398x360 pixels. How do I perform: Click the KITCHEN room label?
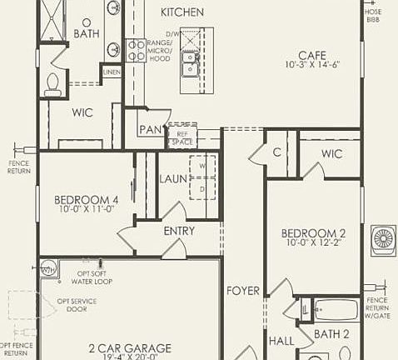[x=182, y=12]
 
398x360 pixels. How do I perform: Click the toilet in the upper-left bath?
[x=54, y=83]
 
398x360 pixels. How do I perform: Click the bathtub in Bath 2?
[x=336, y=310]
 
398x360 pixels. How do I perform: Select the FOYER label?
[x=243, y=291]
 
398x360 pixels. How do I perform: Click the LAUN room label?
[x=173, y=178]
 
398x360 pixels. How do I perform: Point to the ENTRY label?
[x=179, y=231]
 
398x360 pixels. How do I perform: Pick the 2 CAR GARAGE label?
[x=130, y=348]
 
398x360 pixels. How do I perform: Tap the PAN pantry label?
[x=151, y=130]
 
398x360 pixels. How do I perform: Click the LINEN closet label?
[x=112, y=72]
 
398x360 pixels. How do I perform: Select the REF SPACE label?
[x=182, y=137]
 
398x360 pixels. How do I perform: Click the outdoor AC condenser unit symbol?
[x=383, y=237]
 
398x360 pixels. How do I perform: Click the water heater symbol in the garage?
[x=47, y=267]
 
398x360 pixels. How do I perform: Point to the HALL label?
[x=280, y=342]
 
